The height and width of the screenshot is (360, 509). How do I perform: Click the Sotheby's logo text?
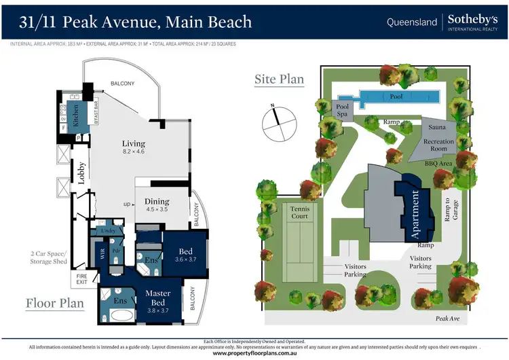473,19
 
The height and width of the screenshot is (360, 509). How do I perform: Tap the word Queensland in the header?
412,22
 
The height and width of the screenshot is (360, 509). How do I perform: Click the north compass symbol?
278,118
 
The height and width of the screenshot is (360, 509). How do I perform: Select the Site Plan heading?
279,79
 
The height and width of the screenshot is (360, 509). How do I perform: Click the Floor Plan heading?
55,303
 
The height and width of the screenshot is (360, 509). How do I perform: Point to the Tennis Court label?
299,212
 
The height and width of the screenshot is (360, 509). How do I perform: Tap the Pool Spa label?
343,111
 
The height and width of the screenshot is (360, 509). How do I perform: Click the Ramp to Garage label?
447,211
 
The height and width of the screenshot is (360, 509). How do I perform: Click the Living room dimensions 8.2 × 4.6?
133,152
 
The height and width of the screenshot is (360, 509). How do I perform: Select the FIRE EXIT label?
80,278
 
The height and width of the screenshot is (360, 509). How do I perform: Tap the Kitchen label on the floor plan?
77,116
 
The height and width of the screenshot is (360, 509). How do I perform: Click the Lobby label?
81,173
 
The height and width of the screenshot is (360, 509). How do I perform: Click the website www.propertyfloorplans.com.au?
254,353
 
